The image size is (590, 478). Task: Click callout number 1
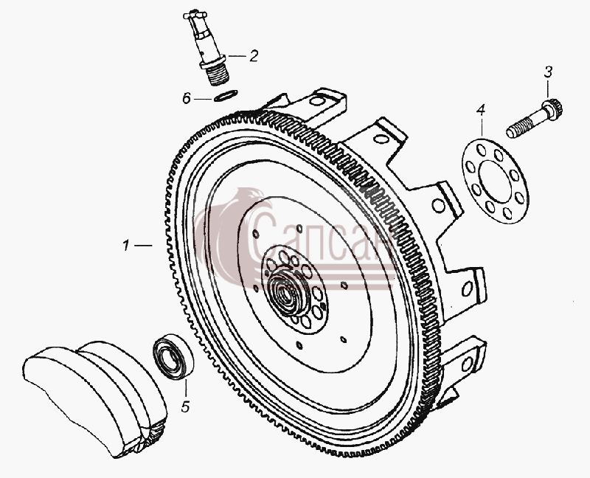tap(126, 246)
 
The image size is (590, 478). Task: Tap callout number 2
tap(254, 56)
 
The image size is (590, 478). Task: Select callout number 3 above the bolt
tap(548, 72)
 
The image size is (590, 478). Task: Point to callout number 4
tap(481, 110)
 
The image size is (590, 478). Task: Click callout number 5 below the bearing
tap(185, 406)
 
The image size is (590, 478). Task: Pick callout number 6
tap(187, 99)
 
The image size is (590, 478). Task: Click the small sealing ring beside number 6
tap(226, 96)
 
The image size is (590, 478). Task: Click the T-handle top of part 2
tap(195, 15)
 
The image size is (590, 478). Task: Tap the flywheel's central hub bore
tap(288, 291)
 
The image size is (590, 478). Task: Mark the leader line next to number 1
tap(143, 246)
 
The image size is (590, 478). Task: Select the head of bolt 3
tap(552, 107)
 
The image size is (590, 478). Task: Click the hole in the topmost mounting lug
tap(318, 101)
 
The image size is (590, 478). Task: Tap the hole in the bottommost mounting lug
tap(467, 364)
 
